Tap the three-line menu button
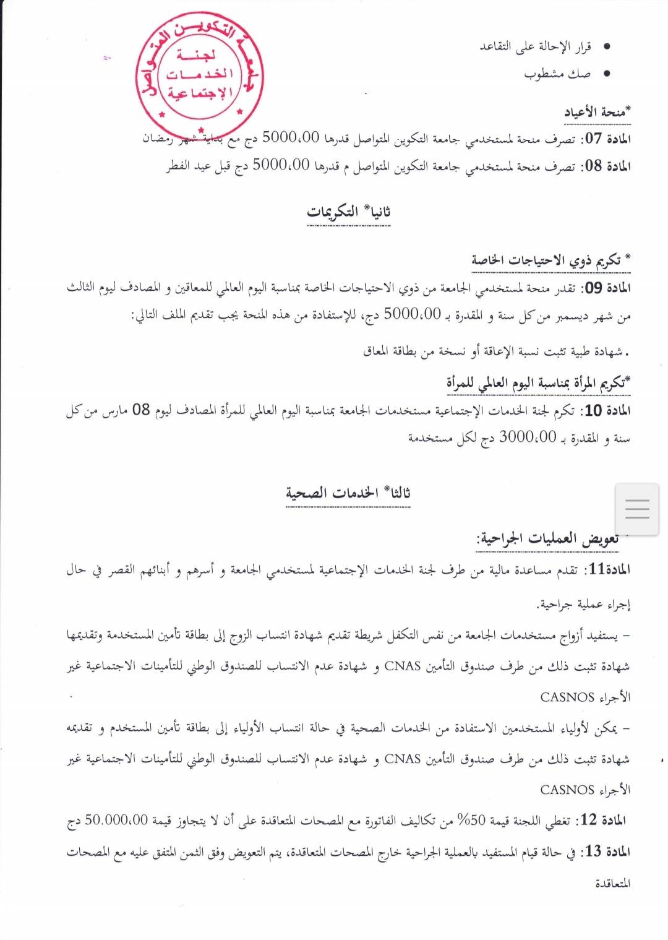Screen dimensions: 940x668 [636, 509]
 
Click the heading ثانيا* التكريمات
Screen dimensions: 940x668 [348, 212]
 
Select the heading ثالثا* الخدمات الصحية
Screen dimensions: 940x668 [348, 493]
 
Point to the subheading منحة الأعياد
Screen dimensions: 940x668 [597, 112]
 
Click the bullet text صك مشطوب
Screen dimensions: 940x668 [557, 74]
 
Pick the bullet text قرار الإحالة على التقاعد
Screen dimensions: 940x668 [536, 46]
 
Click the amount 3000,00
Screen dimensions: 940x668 [528, 438]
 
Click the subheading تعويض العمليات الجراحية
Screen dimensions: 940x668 [547, 539]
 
